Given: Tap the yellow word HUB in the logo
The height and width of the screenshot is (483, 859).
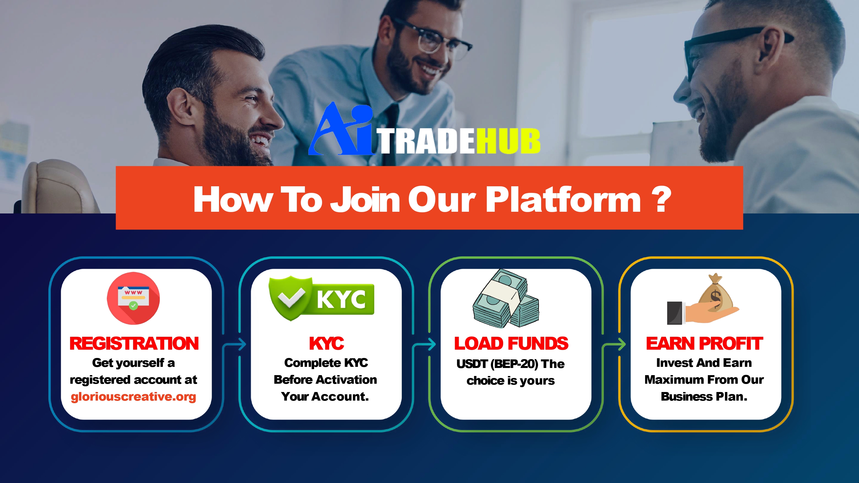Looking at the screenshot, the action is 508,141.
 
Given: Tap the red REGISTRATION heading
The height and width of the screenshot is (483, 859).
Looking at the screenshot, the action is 134,343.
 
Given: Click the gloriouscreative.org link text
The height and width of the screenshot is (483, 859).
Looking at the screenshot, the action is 133,397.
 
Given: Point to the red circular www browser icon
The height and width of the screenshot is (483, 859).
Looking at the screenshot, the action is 133,298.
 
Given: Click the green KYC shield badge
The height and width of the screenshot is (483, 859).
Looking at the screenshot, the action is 322,298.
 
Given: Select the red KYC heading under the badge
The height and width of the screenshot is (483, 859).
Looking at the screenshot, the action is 326,343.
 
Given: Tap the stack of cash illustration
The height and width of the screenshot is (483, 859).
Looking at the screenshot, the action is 506,299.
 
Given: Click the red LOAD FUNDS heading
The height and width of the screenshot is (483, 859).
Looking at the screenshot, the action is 511,343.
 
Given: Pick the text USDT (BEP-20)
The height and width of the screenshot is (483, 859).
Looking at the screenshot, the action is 497,364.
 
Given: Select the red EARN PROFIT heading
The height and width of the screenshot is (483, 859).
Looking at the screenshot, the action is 704,343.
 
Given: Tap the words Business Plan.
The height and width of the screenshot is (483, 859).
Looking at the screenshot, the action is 704,397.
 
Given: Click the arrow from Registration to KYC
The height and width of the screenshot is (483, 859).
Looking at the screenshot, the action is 235,344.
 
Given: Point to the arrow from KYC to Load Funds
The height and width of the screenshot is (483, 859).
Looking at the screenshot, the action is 424,344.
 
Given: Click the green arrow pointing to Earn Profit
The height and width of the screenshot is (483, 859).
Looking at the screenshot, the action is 614,344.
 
